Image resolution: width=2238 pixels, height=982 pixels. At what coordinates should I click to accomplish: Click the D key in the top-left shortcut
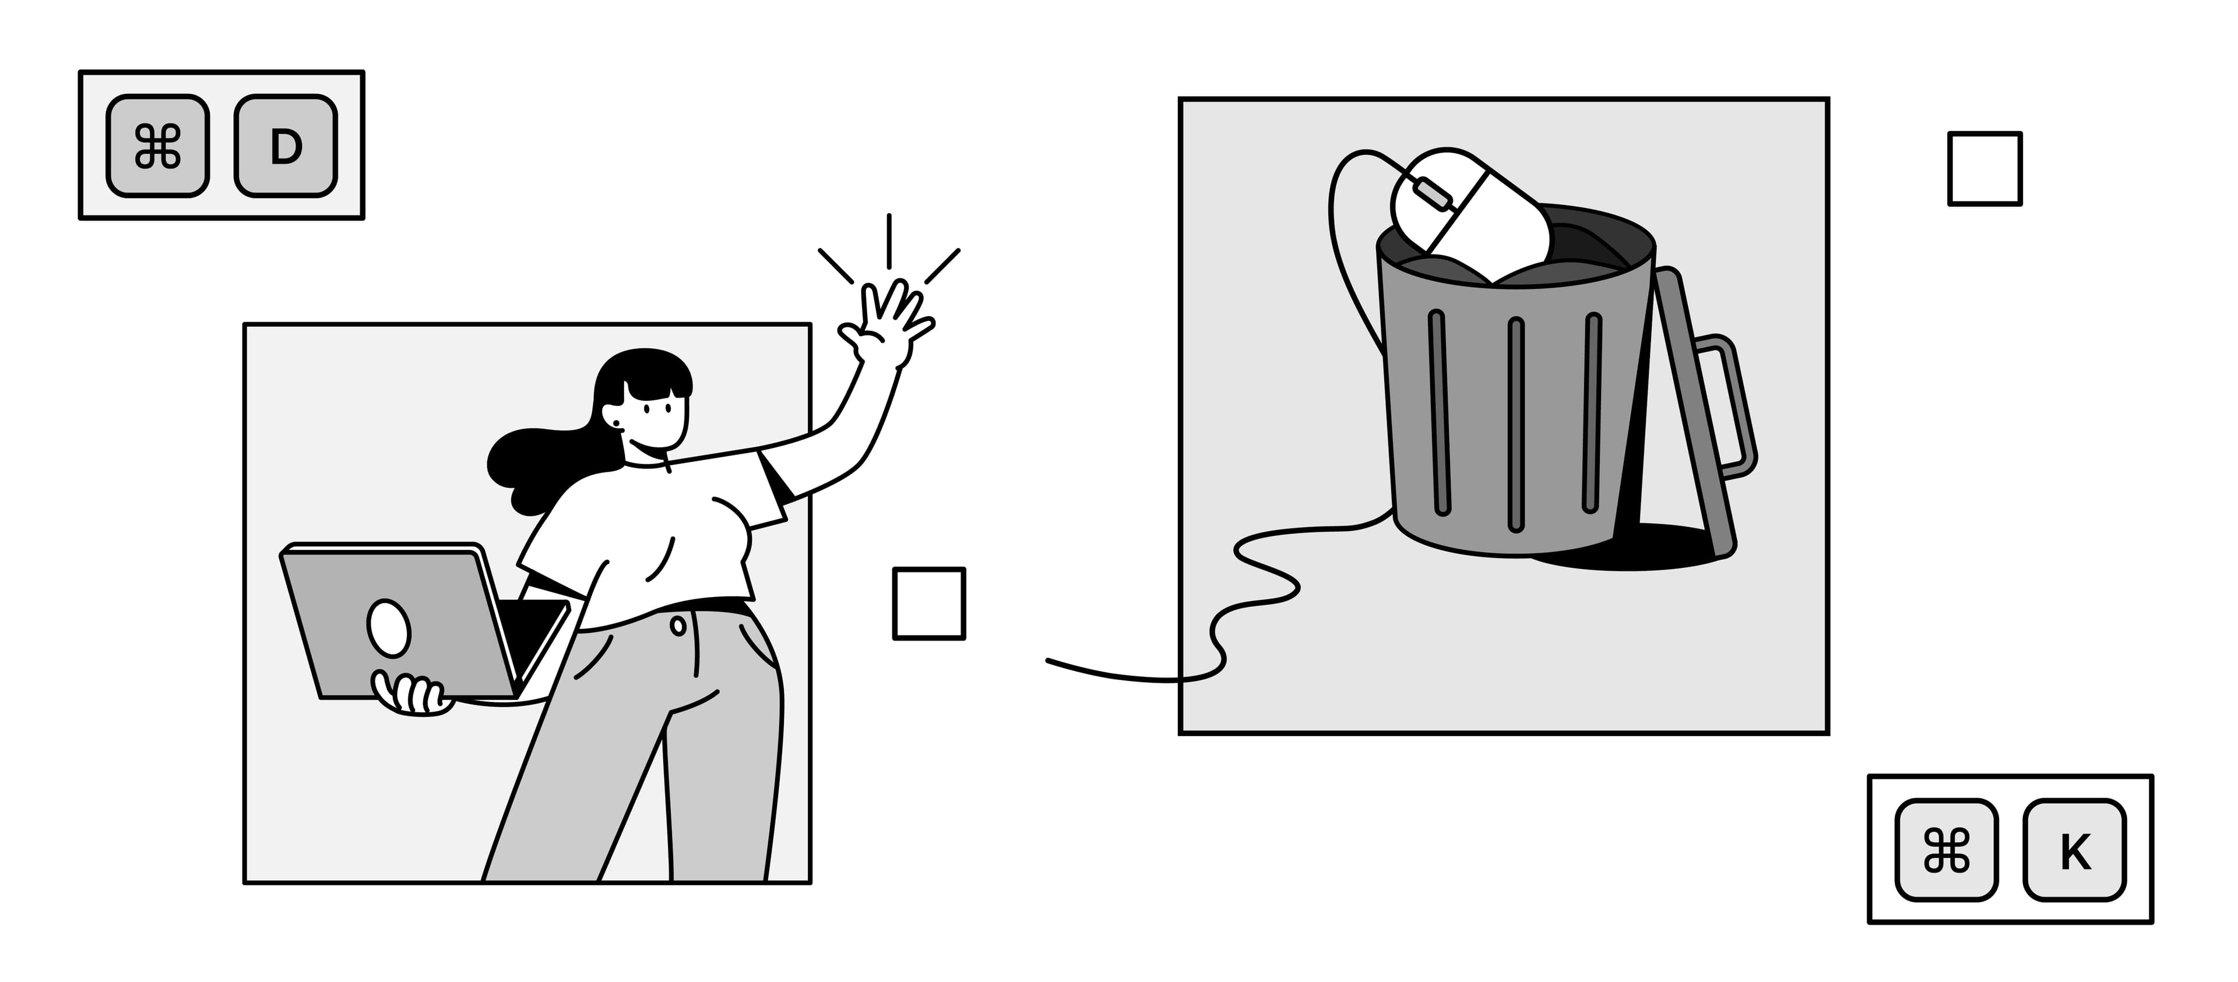(286, 146)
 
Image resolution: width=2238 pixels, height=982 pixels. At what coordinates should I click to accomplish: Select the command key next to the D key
(157, 146)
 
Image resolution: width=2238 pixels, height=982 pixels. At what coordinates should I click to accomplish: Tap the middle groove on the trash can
(1516, 423)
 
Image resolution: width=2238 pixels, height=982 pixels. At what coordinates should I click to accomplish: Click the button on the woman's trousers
(678, 624)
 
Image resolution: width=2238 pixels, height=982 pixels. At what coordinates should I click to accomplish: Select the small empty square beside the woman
(929, 603)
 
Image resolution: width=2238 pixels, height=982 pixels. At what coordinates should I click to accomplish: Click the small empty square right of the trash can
(1984, 168)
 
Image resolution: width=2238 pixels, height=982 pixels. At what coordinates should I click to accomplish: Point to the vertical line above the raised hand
(889, 241)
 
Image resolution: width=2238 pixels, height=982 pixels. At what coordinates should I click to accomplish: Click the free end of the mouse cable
(1048, 660)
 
